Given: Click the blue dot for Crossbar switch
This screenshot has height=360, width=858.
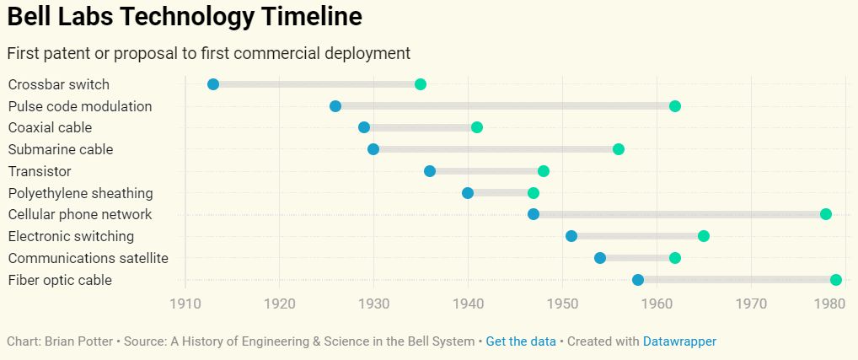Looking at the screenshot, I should (213, 84).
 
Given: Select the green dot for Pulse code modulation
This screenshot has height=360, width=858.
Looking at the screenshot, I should (675, 106).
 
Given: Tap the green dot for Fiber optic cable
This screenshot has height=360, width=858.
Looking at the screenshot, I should (835, 280).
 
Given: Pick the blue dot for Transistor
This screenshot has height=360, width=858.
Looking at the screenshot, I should (430, 171).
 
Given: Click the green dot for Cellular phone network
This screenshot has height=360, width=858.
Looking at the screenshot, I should (826, 214).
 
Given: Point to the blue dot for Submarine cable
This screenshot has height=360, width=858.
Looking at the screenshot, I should (373, 149).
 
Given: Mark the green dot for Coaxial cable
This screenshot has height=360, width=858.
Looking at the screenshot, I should (477, 127).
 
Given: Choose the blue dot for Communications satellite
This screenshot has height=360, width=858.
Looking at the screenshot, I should (600, 258).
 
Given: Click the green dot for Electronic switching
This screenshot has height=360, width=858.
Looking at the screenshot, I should (704, 236).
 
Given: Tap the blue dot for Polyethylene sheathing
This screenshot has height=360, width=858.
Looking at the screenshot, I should (468, 193).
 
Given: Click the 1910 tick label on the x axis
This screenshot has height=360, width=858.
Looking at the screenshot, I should (185, 304).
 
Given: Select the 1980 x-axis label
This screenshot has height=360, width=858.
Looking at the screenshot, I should (832, 304).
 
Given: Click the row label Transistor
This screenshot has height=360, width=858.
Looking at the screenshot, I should (40, 171).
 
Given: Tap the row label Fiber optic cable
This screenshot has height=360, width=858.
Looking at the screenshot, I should (60, 280).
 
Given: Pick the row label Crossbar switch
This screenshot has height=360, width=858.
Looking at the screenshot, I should (59, 84).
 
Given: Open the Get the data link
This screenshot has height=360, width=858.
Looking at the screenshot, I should (521, 341).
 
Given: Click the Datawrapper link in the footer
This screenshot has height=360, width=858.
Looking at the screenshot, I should (679, 341).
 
